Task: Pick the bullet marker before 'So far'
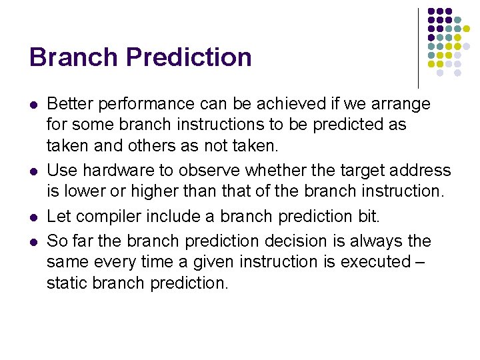point(33,241)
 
